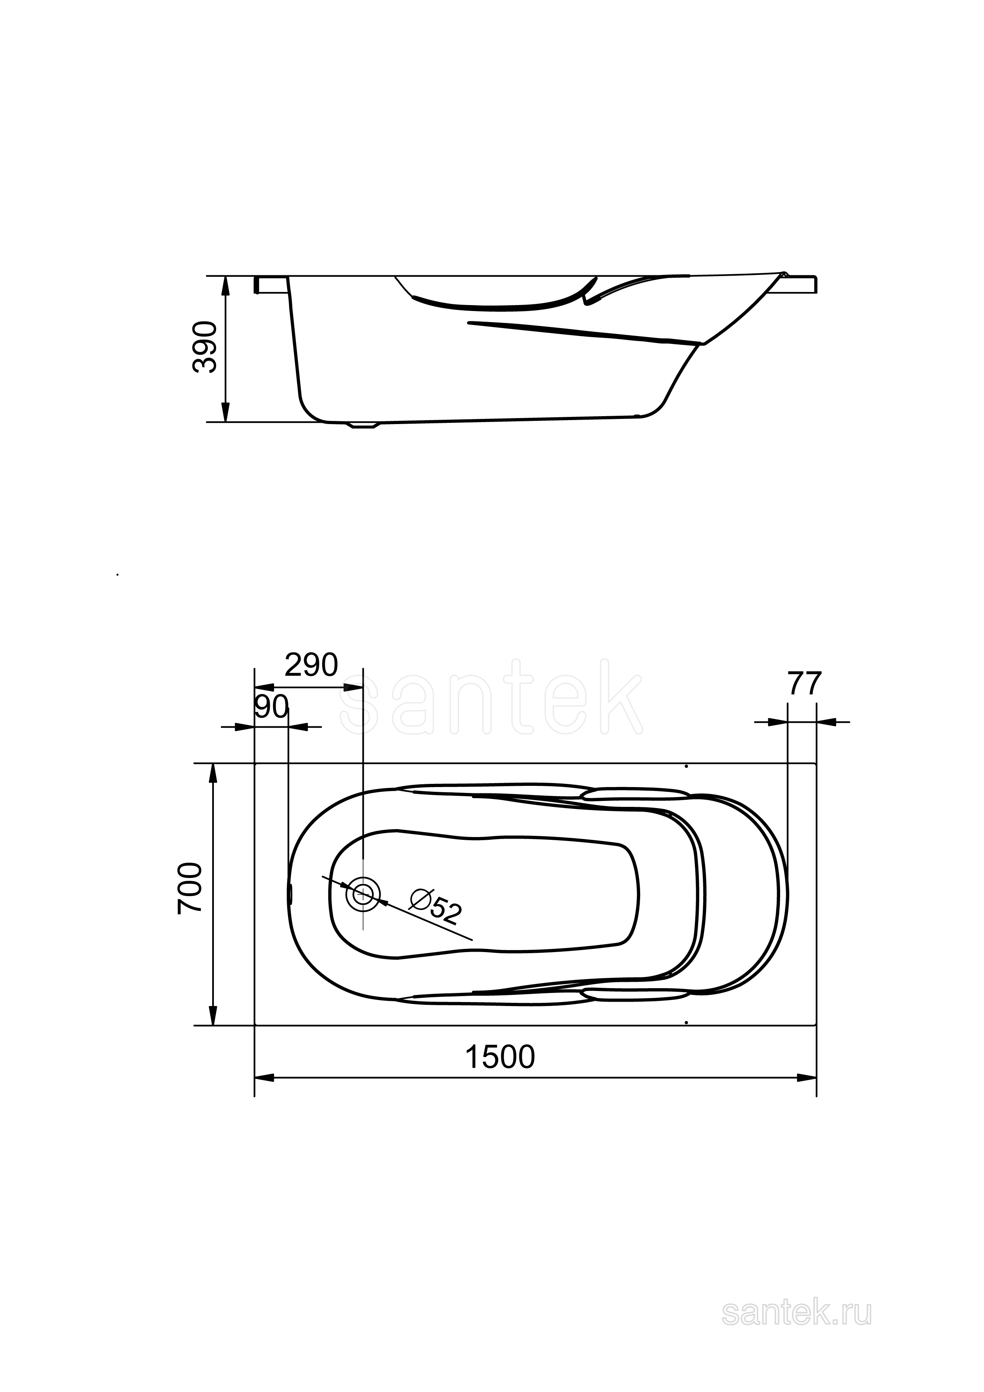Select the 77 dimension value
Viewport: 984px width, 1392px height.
[x=805, y=684]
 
